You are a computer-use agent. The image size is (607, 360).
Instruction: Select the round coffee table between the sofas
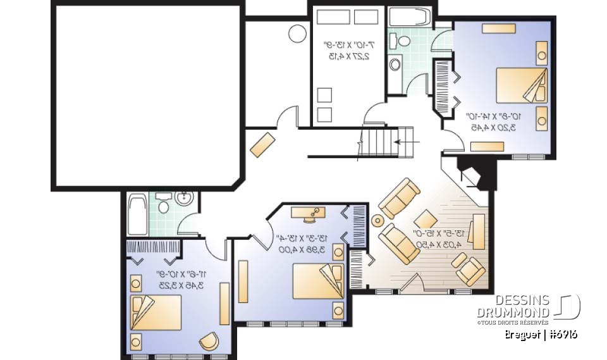[x=378, y=221]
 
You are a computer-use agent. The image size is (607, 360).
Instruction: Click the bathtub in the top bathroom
[x=409, y=17]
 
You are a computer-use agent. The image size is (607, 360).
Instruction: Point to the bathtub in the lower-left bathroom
[x=137, y=214]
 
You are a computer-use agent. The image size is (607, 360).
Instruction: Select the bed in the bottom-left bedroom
[x=156, y=313]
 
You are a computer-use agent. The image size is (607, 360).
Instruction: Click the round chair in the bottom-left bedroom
[x=209, y=342]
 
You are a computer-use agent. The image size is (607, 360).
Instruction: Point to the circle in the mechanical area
[x=297, y=33]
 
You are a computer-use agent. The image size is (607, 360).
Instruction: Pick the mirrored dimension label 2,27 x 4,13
[x=348, y=56]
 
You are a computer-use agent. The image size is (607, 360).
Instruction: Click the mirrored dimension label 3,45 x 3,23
[x=181, y=285]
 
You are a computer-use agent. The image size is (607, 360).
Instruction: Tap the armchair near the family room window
[x=470, y=270]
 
